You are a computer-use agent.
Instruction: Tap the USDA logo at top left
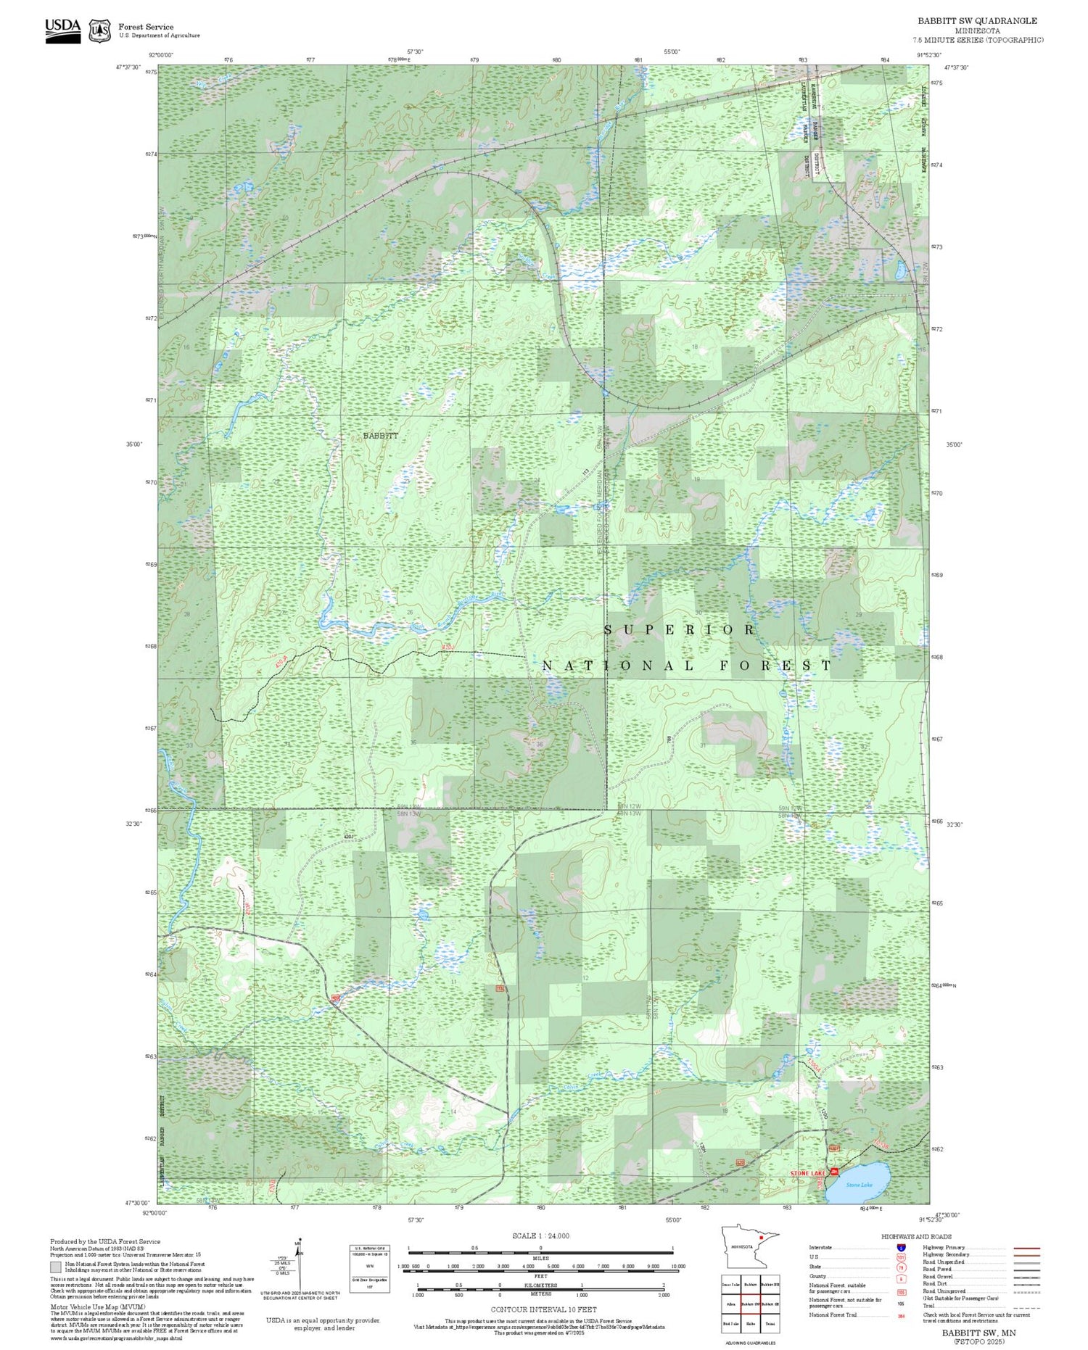point(63,30)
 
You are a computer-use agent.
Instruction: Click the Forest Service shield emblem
point(99,30)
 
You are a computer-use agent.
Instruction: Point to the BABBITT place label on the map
point(380,436)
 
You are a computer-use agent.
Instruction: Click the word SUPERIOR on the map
point(680,629)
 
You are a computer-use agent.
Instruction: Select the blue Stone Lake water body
point(860,1183)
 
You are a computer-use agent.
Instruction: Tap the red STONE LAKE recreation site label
point(807,1172)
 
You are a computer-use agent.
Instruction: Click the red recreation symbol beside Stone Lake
point(835,1172)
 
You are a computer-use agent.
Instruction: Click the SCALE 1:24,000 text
point(540,1235)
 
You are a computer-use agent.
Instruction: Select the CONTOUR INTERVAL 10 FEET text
point(543,1309)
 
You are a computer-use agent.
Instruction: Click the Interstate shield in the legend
point(901,1247)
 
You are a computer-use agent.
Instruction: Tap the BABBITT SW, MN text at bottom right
point(978,1333)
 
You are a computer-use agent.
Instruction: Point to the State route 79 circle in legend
point(901,1267)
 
